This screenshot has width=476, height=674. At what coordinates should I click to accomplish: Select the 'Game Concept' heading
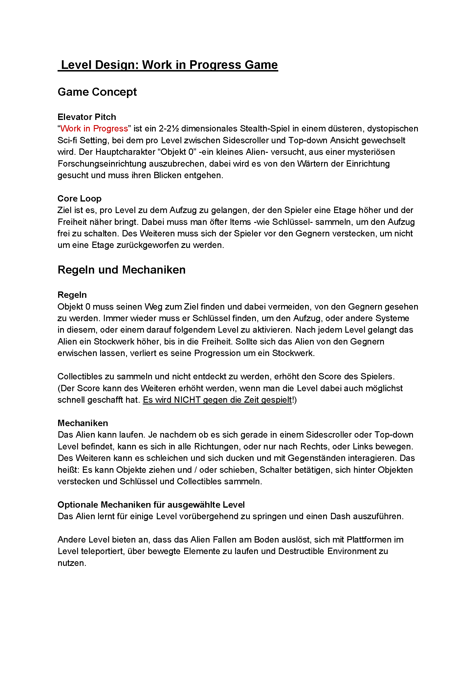(97, 92)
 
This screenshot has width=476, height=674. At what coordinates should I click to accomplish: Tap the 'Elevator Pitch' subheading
(87, 117)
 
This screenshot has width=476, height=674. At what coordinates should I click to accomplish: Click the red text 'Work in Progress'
(94, 129)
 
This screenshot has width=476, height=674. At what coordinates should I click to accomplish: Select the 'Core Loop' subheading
(79, 198)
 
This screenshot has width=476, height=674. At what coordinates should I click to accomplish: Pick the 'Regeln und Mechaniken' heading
(121, 270)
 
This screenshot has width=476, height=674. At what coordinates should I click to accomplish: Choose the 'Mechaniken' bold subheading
(83, 423)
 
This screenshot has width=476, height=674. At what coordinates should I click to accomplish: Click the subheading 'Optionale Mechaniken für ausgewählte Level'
(151, 504)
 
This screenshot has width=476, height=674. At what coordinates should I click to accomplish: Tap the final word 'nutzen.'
(72, 563)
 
